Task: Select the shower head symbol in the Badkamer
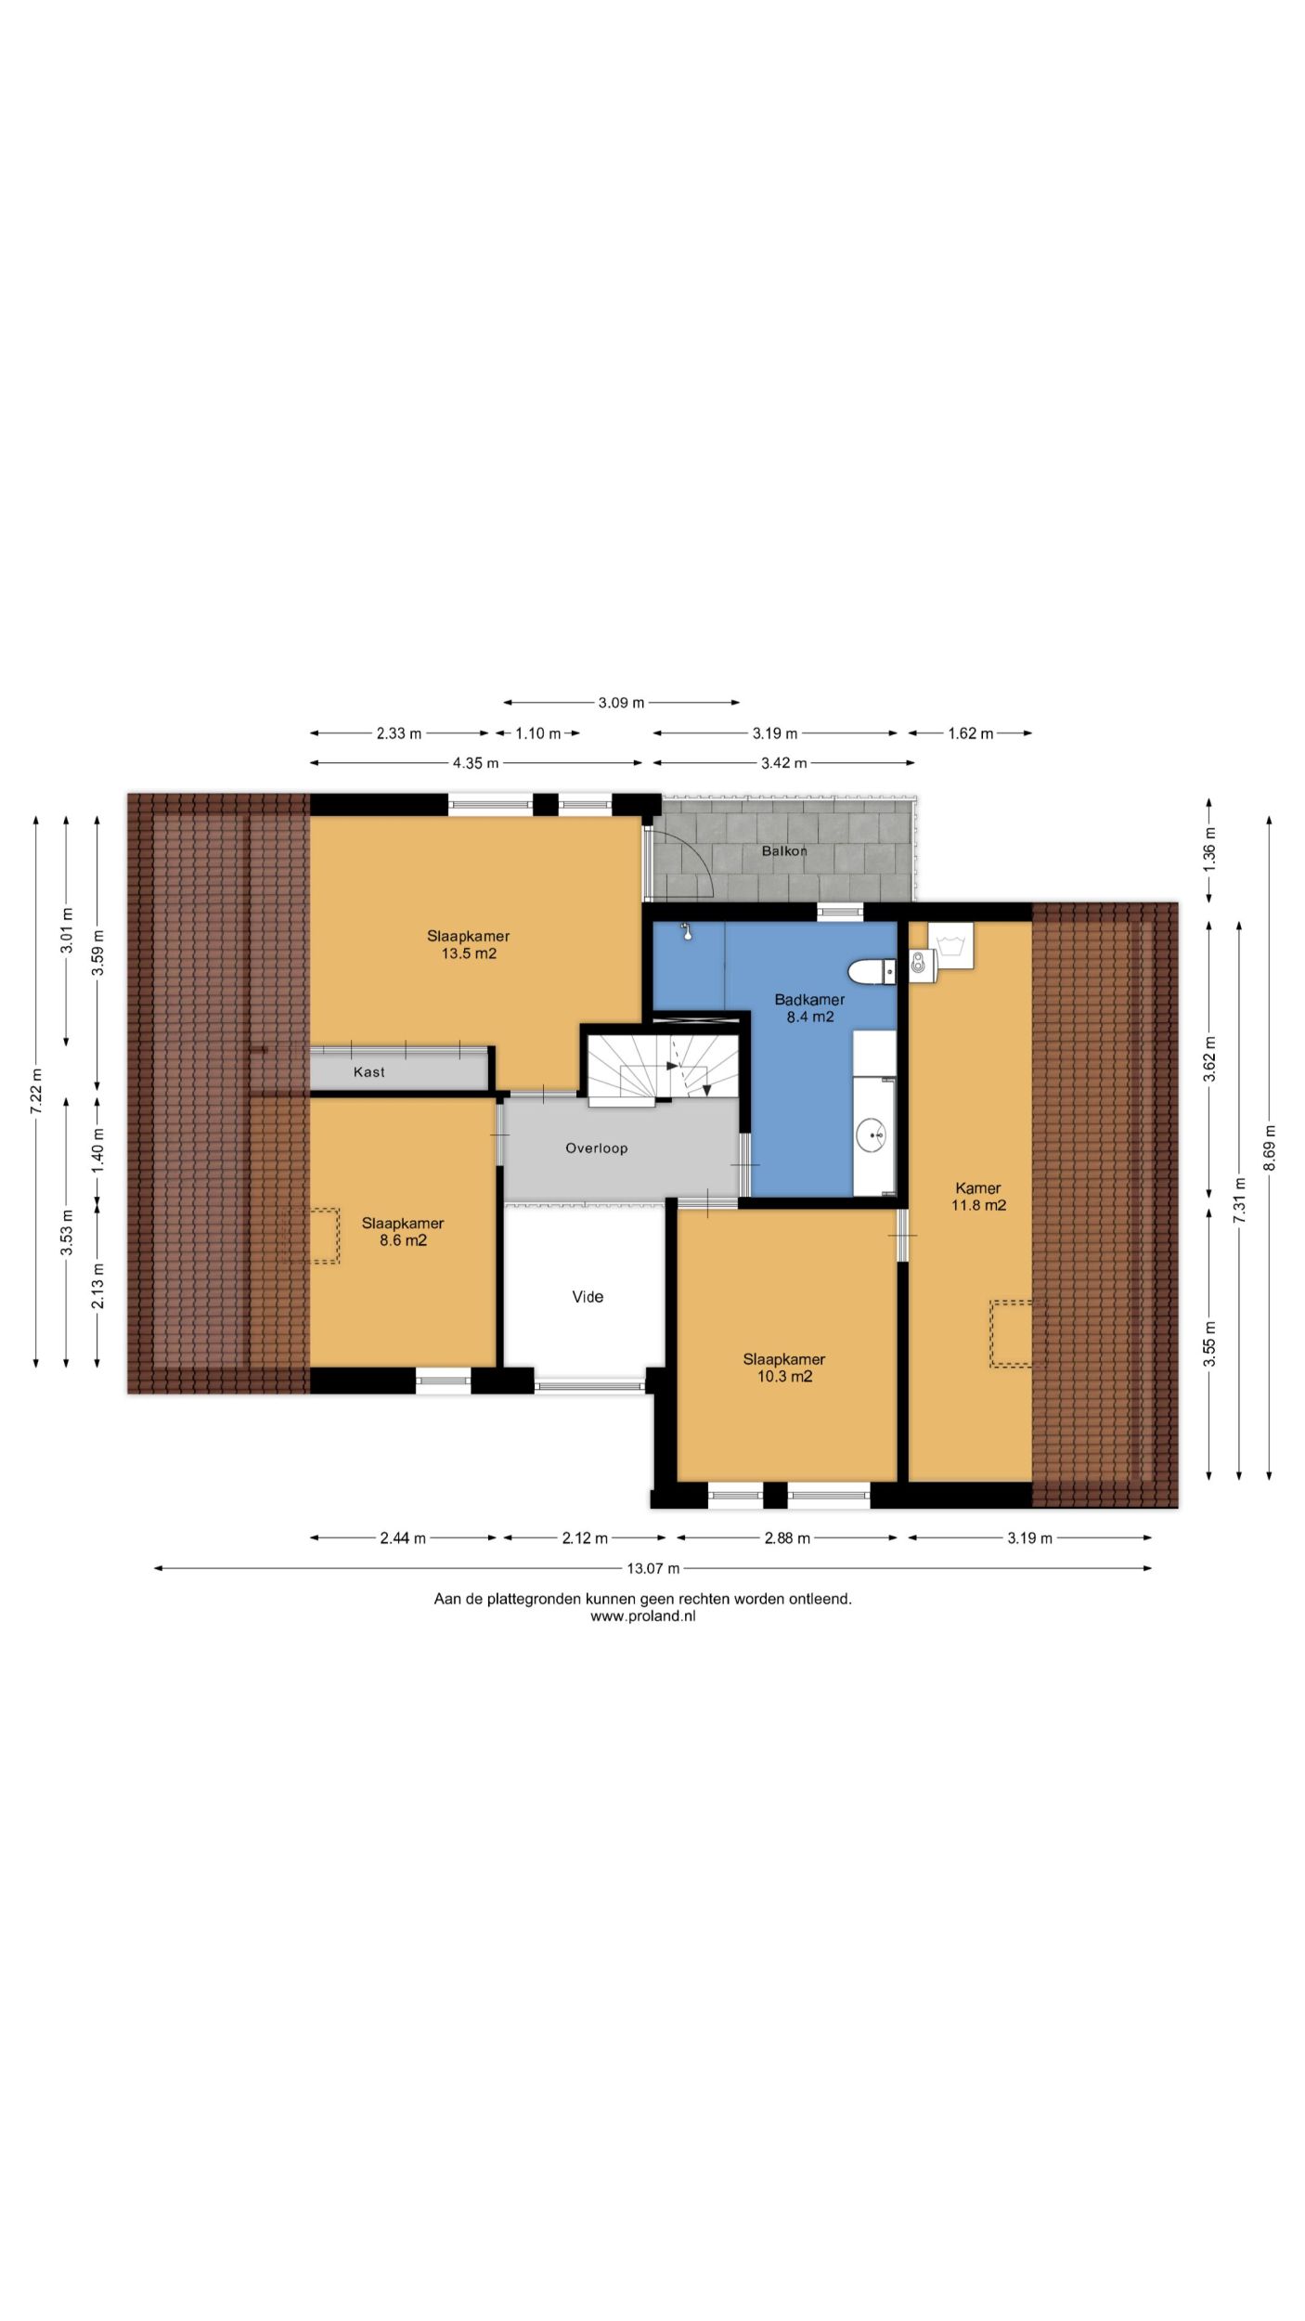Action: coord(687,931)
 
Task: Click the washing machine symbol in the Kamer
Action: coord(950,946)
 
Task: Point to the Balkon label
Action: coord(784,850)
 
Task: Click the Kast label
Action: coord(368,1071)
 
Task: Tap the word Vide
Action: coord(588,1296)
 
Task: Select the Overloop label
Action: coord(597,1148)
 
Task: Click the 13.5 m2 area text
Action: coord(469,953)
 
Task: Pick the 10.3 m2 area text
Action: coord(784,1376)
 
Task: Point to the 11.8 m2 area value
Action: coord(978,1205)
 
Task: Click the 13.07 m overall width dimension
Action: coord(653,1568)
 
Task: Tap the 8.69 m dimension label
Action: coord(1269,1148)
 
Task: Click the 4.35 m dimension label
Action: coord(475,763)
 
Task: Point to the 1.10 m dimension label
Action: coord(538,733)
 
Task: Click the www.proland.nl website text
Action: coord(643,1615)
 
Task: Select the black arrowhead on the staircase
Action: coord(673,1066)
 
